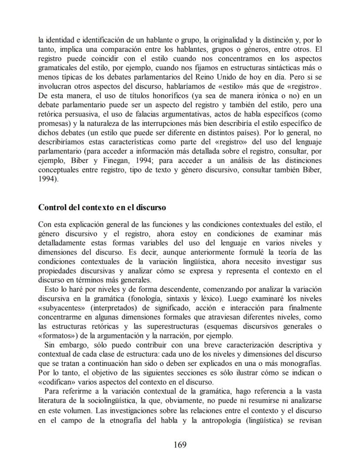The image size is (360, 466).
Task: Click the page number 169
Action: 180,445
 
